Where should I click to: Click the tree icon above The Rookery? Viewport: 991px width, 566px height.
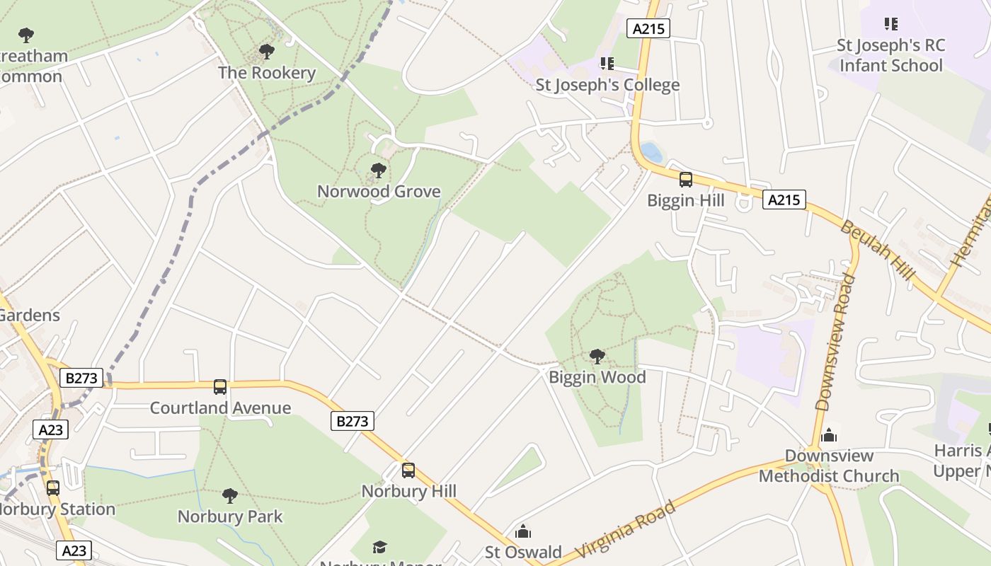[267, 52]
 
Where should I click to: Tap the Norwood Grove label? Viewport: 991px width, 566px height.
[379, 191]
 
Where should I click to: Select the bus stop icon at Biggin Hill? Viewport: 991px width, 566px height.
[685, 180]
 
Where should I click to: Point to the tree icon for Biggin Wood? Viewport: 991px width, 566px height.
[597, 357]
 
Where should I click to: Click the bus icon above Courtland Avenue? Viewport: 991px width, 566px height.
[220, 387]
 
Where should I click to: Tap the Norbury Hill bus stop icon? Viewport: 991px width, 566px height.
[408, 470]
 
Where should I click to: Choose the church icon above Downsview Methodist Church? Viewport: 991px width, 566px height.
[829, 434]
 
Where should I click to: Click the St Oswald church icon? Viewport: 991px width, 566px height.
[523, 531]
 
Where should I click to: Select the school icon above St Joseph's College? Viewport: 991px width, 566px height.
[607, 64]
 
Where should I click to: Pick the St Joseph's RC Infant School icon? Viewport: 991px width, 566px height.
[891, 24]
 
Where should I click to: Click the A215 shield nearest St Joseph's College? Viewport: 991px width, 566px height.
[648, 28]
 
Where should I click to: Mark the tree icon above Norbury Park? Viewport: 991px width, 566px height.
[229, 495]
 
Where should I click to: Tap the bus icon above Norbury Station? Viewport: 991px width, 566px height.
[53, 487]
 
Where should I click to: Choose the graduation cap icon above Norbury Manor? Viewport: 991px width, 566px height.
[380, 547]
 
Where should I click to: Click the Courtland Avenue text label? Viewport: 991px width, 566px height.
[220, 408]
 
